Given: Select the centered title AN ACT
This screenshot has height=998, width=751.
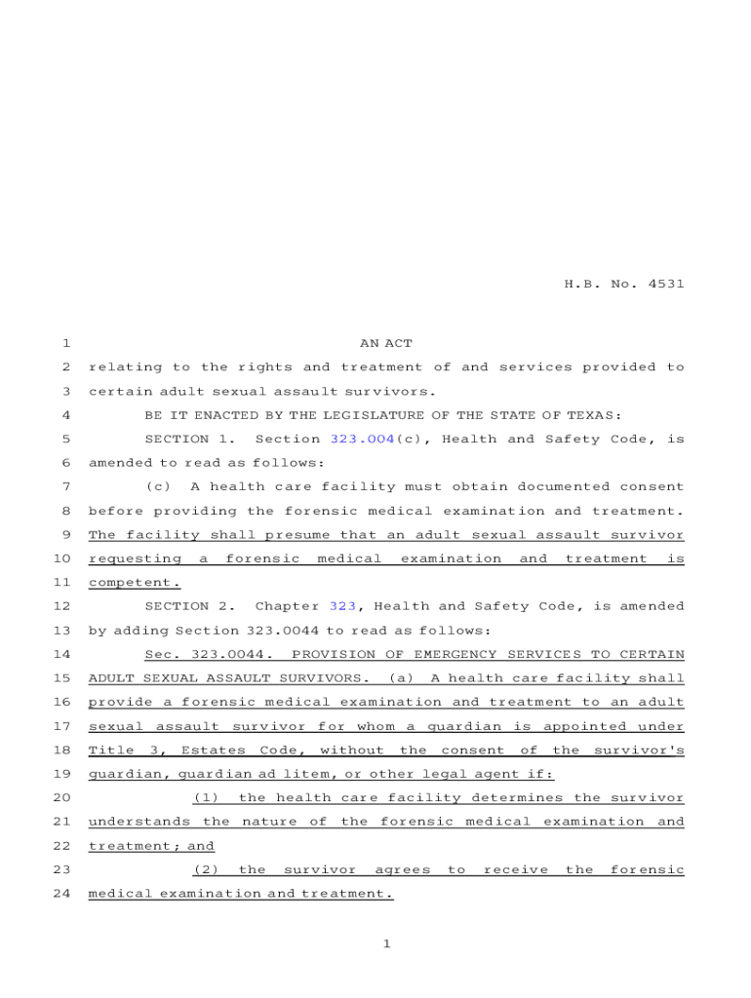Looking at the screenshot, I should click(x=386, y=343).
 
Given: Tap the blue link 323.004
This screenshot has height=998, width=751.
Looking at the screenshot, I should click(x=362, y=439).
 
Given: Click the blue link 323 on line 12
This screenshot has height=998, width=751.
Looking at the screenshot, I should click(x=342, y=606).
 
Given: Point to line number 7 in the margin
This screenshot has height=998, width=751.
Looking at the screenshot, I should click(x=64, y=486).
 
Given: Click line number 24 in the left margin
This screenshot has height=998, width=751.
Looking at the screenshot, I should click(x=60, y=893).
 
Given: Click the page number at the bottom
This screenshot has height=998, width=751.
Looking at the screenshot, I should click(x=386, y=943).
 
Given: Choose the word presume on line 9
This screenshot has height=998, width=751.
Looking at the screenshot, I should click(x=293, y=534).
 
